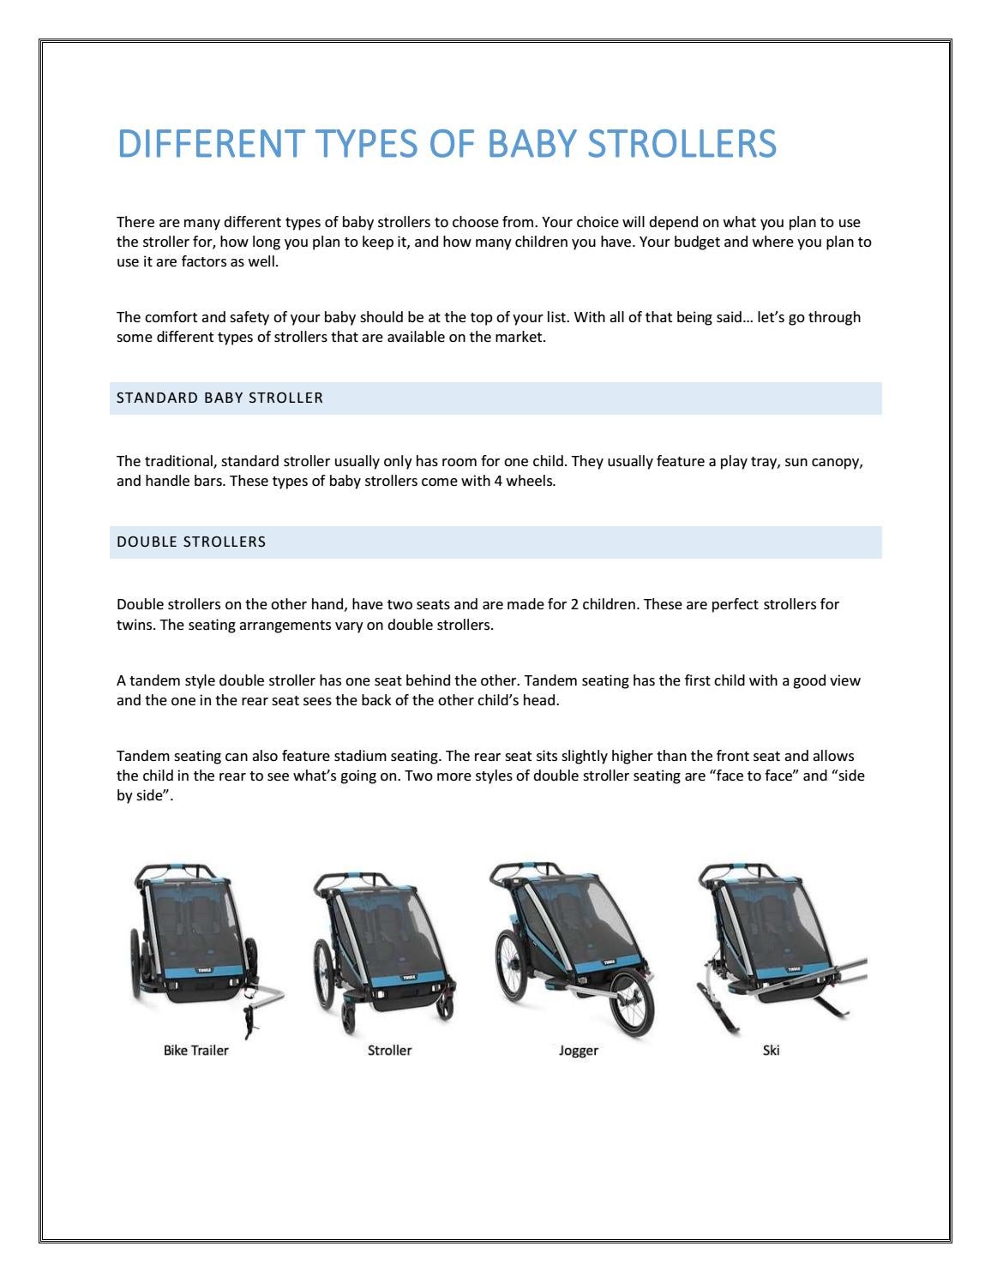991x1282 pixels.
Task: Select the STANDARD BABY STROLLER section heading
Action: point(219,398)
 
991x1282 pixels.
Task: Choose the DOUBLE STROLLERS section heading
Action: point(191,542)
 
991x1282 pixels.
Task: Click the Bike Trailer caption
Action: point(195,1051)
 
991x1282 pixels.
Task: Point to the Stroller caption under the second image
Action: point(389,1051)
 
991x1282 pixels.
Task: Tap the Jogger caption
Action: point(578,1051)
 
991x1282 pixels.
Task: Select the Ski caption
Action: point(771,1051)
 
